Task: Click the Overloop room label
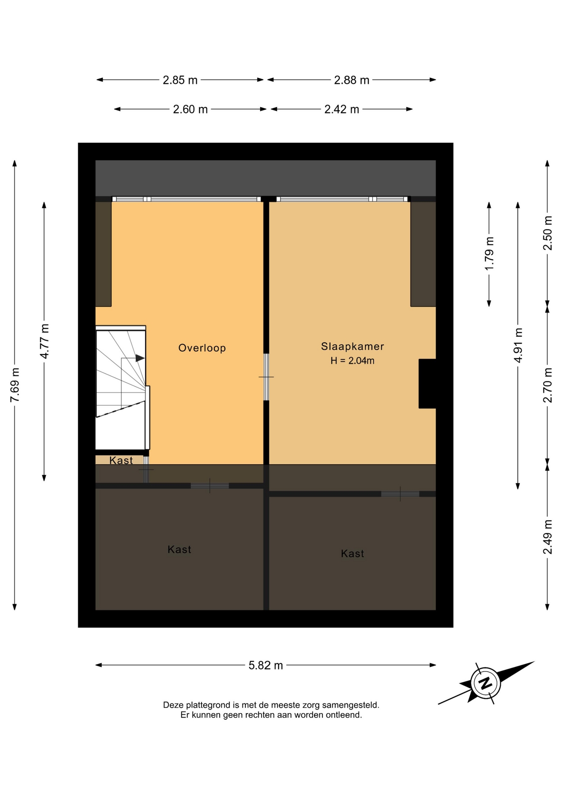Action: click(x=202, y=348)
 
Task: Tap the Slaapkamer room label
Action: click(x=353, y=346)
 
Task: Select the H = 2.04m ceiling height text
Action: click(x=353, y=361)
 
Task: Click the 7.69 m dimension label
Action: click(x=15, y=385)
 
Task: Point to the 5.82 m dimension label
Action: click(x=266, y=665)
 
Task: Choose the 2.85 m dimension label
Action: click(x=180, y=80)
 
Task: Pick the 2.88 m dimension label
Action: click(x=352, y=80)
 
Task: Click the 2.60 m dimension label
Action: click(x=190, y=109)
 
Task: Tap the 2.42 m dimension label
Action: click(x=342, y=109)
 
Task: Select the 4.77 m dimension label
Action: click(x=44, y=342)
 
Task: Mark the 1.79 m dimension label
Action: click(x=490, y=254)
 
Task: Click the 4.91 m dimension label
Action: click(x=518, y=345)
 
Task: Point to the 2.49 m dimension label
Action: click(x=548, y=537)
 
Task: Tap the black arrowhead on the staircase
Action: click(x=140, y=358)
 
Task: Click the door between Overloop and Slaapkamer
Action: click(x=266, y=377)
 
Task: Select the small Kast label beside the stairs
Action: click(x=121, y=460)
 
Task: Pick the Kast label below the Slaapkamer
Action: click(x=353, y=554)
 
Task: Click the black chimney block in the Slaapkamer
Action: click(x=428, y=384)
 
